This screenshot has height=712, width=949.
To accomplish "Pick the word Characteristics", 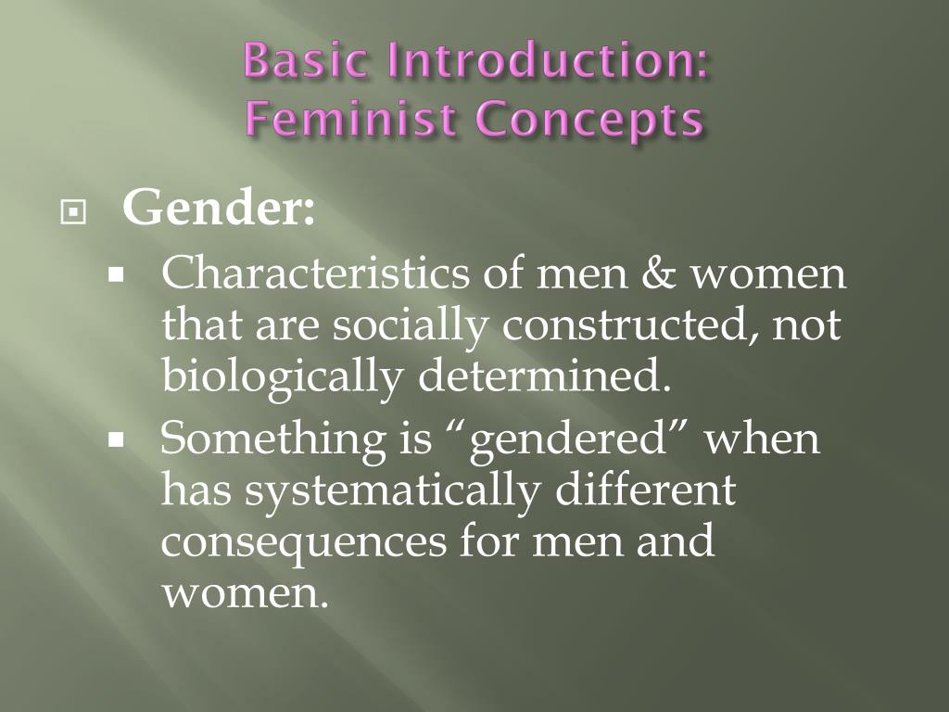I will pyautogui.click(x=316, y=274).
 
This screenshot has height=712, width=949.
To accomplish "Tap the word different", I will pyautogui.click(x=645, y=489).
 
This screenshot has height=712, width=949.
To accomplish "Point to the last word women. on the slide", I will pyautogui.click(x=246, y=592).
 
